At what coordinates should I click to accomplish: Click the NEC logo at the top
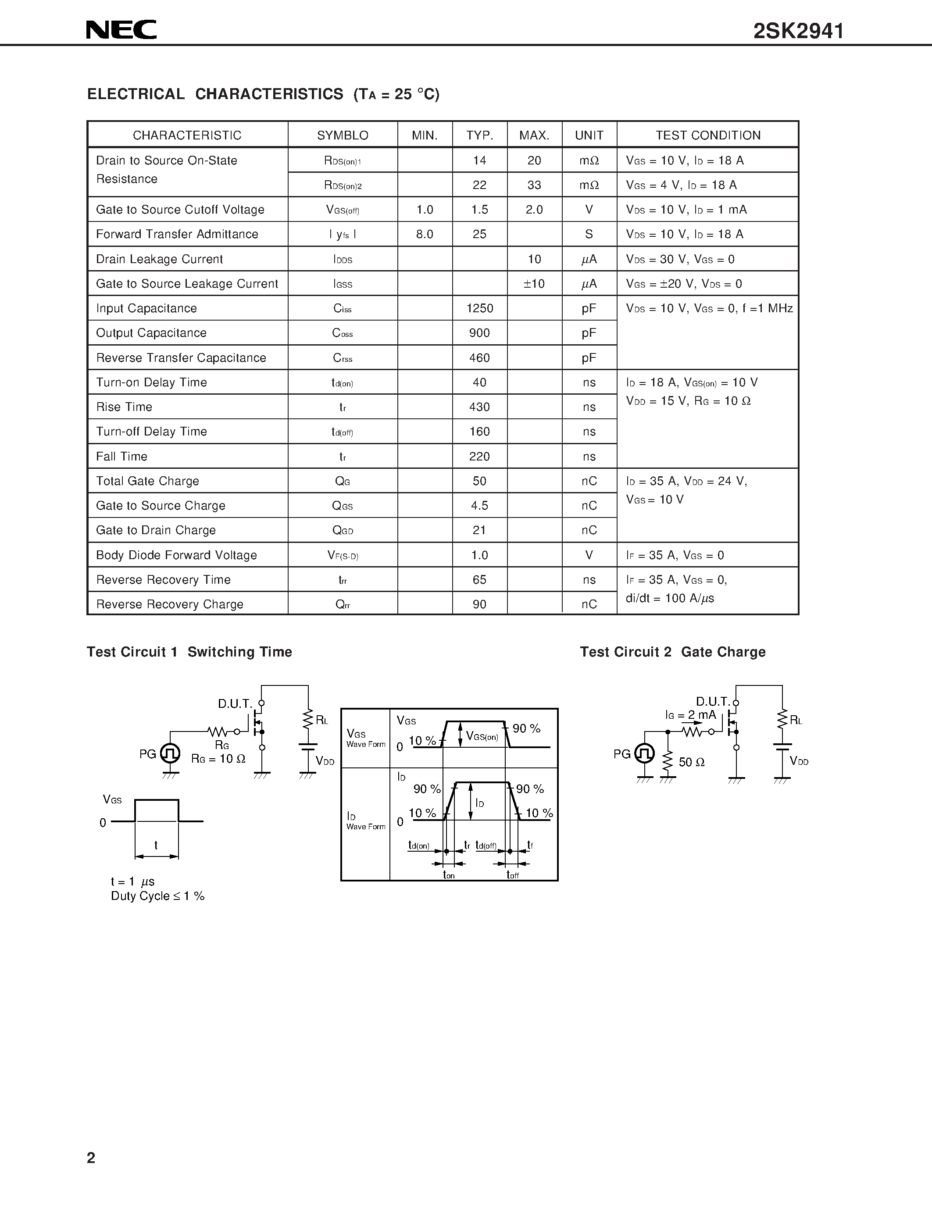[x=121, y=30]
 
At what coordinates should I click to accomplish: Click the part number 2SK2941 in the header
[x=798, y=32]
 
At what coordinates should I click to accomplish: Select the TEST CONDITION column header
[x=708, y=135]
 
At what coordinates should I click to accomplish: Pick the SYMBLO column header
[x=343, y=135]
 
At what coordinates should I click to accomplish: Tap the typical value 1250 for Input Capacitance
[x=479, y=308]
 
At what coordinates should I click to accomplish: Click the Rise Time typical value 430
[x=479, y=407]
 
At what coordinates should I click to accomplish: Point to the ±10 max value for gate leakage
[x=534, y=284]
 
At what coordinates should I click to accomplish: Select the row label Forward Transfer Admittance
[x=177, y=234]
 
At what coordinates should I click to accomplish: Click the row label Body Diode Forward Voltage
[x=176, y=555]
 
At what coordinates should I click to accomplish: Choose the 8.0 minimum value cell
[x=425, y=234]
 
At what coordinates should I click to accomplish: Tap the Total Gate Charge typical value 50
[x=479, y=481]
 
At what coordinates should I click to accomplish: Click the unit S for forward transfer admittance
[x=589, y=234]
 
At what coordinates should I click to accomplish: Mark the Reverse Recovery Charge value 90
[x=479, y=604]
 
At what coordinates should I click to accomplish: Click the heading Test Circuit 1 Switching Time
[x=189, y=652]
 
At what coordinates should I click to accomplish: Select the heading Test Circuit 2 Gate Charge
[x=672, y=652]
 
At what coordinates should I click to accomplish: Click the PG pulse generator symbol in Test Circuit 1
[x=170, y=753]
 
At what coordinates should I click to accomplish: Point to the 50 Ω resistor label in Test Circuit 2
[x=691, y=763]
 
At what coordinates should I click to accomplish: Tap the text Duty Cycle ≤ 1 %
[x=157, y=896]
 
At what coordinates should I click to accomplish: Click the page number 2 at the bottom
[x=91, y=1158]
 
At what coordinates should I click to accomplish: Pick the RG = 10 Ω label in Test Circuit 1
[x=218, y=759]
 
